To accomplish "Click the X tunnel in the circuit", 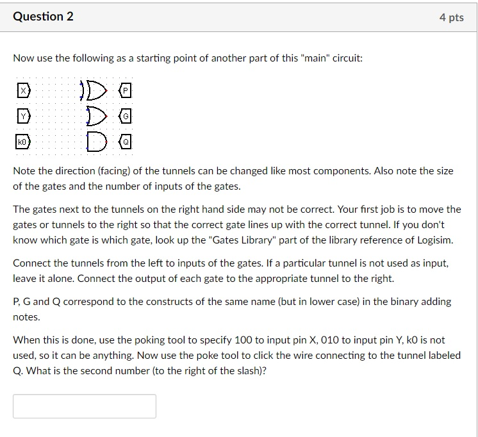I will [23, 92].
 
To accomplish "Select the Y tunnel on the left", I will [23, 117].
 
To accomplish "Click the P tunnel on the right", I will [126, 92].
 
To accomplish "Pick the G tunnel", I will [127, 117].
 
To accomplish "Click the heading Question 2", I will [43, 17].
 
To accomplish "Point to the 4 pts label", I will [451, 18].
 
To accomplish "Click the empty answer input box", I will [85, 406].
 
